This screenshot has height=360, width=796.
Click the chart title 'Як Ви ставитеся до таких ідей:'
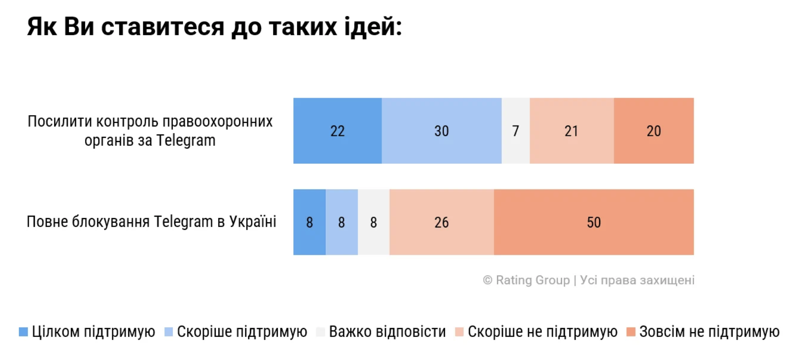214,27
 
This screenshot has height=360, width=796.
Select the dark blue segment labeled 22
337,131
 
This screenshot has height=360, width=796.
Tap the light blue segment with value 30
441,131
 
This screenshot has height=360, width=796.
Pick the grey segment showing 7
515,131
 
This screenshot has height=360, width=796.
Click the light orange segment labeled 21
571,131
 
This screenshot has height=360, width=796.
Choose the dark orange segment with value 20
654,131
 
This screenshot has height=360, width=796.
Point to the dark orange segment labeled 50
593,222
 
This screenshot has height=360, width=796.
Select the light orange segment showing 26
441,222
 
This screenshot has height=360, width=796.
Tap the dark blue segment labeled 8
309,222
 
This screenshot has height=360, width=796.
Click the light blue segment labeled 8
342,222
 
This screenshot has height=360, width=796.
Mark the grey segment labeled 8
374,222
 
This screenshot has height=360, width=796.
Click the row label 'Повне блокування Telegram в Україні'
151,221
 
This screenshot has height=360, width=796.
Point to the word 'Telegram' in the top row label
186,141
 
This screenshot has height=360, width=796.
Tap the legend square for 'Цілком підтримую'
23,332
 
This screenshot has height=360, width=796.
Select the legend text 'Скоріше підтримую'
242,332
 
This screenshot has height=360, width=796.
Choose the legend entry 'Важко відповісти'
387,332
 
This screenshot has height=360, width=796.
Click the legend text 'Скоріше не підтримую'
543,332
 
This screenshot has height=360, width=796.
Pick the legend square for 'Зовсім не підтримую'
631,332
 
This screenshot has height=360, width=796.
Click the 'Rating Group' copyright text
532,280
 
